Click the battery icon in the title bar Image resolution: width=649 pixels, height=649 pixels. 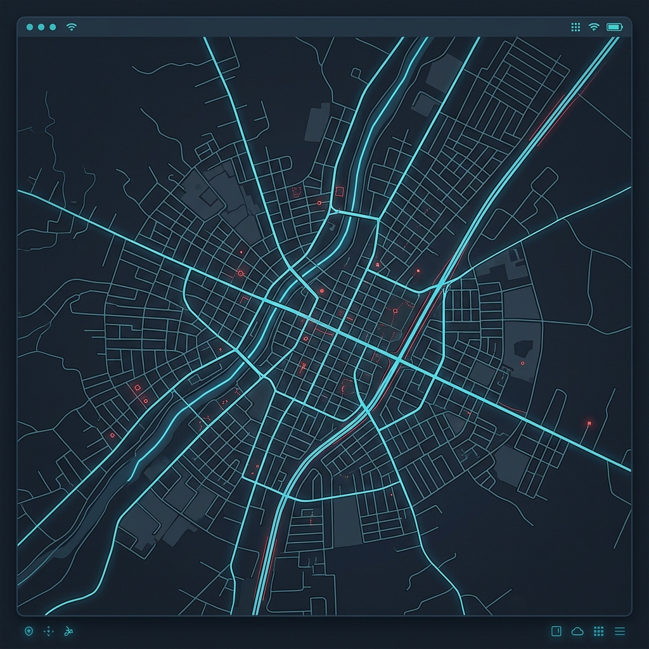point(614,27)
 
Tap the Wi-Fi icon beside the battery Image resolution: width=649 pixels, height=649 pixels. point(594,27)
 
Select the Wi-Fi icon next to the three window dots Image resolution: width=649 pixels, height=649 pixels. point(72,27)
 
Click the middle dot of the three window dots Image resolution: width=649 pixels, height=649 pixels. point(41,27)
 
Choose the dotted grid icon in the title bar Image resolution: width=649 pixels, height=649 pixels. point(575,27)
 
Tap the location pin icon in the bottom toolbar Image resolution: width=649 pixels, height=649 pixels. point(28,631)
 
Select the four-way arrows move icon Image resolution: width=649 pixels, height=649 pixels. point(49,631)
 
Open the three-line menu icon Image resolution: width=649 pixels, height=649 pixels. point(620,631)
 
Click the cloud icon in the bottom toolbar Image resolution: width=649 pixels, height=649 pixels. point(577,631)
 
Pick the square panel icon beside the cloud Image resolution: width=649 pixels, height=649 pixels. point(556,631)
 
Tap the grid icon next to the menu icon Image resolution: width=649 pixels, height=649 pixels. point(598,631)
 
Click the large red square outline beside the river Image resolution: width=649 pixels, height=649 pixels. point(339,191)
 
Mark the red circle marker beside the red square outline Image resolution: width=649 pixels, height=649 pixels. point(319,203)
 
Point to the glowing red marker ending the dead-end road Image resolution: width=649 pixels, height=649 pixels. point(589,423)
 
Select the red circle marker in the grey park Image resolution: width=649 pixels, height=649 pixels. point(522,363)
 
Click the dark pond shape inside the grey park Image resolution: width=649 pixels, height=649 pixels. point(524,348)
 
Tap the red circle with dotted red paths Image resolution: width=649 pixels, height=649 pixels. point(395,311)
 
